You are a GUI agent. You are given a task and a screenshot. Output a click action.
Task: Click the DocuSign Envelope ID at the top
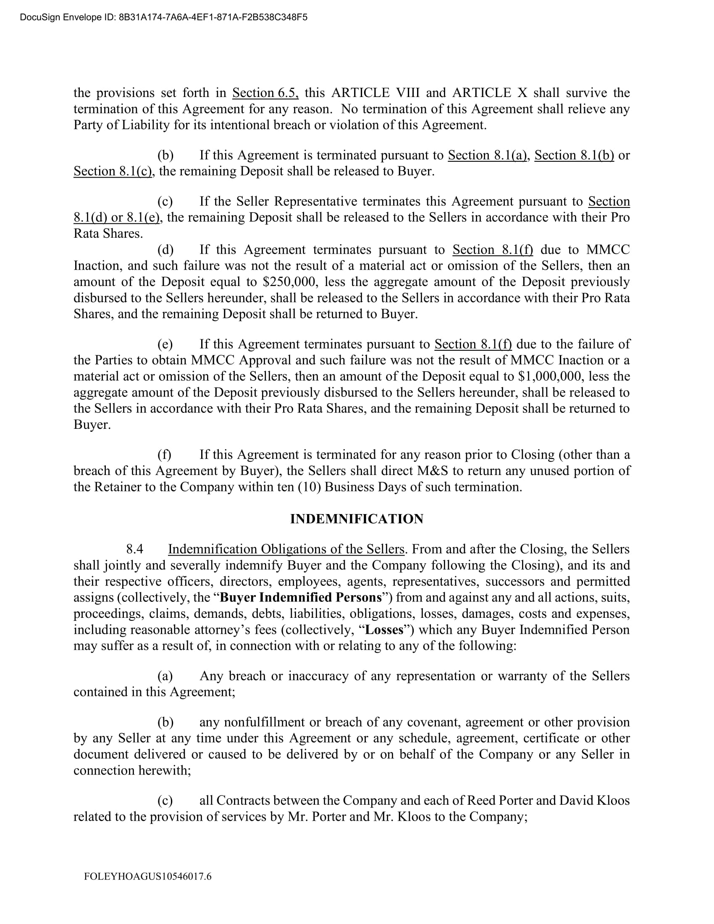[163, 17]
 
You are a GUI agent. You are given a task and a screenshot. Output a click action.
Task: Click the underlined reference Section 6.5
[265, 93]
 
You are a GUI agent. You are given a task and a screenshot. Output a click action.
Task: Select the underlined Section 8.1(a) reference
[487, 155]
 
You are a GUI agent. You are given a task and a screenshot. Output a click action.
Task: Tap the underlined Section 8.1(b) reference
[574, 155]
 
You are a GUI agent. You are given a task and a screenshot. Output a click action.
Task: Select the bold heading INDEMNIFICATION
[357, 519]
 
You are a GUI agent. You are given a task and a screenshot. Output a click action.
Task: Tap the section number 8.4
[135, 549]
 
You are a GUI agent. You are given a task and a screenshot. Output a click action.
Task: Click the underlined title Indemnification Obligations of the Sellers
[286, 549]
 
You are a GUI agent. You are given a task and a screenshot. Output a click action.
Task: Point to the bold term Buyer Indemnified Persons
[301, 597]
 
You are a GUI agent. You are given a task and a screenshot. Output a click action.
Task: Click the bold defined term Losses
[384, 630]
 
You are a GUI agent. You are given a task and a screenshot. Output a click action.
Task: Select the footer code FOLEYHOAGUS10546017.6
[147, 876]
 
